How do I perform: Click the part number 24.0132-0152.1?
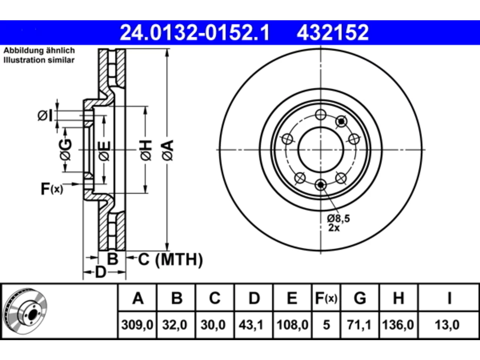pyautogui.click(x=195, y=33)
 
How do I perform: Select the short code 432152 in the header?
pyautogui.click(x=333, y=33)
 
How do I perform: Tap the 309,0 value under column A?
pyautogui.click(x=137, y=325)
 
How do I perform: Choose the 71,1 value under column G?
pyautogui.click(x=359, y=325)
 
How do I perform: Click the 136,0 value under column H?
pyautogui.click(x=398, y=325)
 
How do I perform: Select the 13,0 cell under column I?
pyautogui.click(x=447, y=325)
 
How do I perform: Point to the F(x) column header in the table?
pyautogui.click(x=326, y=298)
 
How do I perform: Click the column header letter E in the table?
pyautogui.click(x=292, y=298)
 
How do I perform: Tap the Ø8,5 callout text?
pyautogui.click(x=338, y=218)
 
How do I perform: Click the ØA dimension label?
pyautogui.click(x=168, y=150)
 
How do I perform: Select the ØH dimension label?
pyautogui.click(x=146, y=150)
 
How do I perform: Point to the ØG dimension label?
pyautogui.click(x=65, y=150)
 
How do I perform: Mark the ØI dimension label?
pyautogui.click(x=45, y=115)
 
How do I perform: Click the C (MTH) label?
pyautogui.click(x=171, y=259)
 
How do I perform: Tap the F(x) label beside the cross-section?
pyautogui.click(x=52, y=189)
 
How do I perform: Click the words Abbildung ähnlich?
pyautogui.click(x=39, y=51)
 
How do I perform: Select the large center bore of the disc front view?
pyautogui.click(x=321, y=150)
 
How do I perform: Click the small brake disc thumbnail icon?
pyautogui.click(x=25, y=311)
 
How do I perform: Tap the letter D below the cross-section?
pyautogui.click(x=101, y=272)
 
